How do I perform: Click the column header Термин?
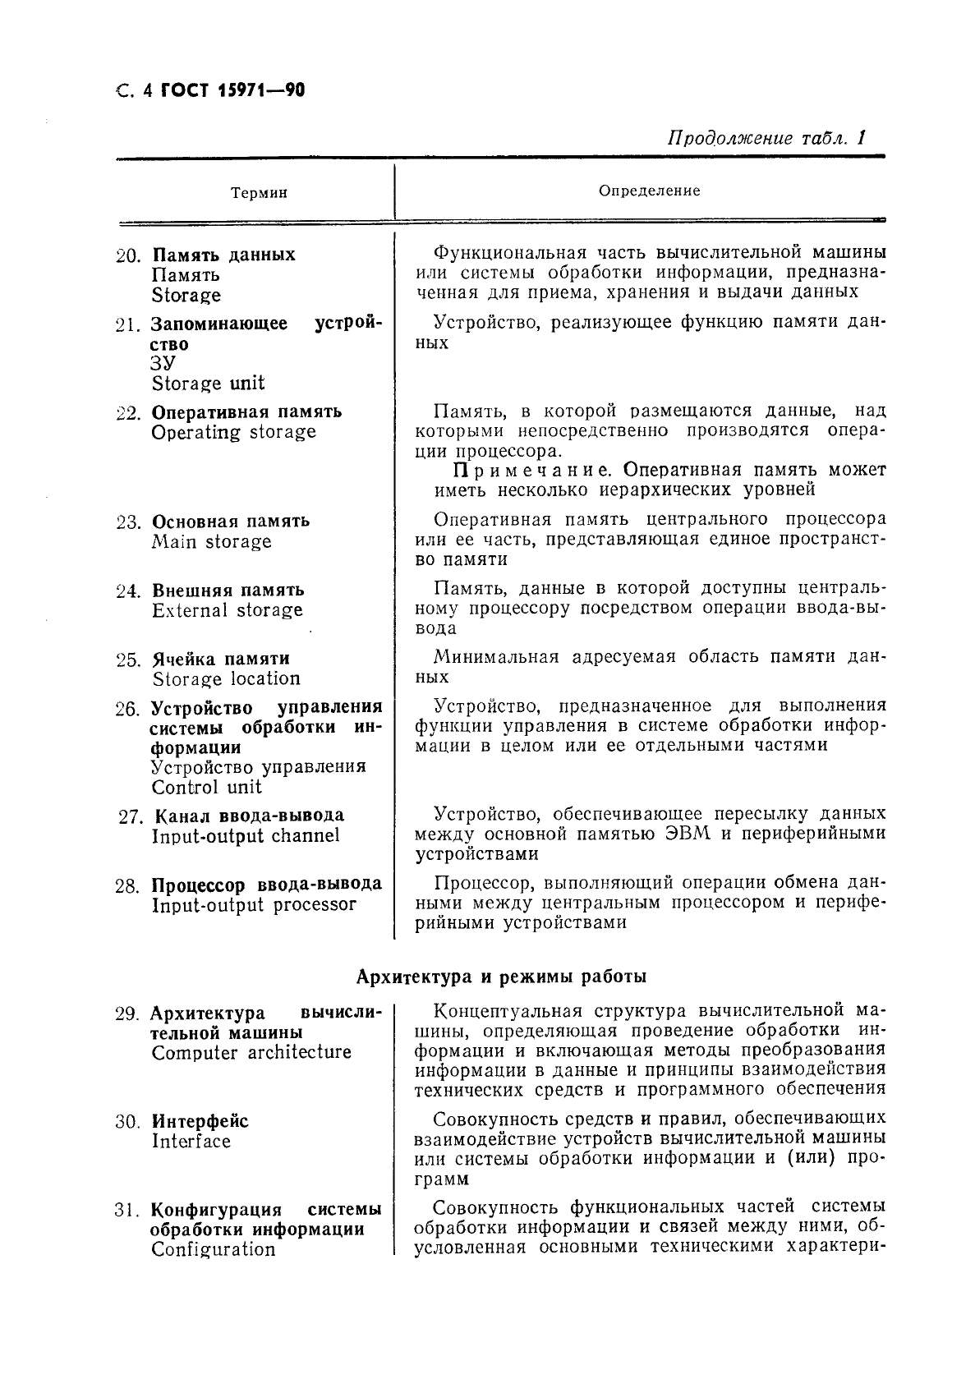(x=259, y=193)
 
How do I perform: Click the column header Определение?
(x=649, y=191)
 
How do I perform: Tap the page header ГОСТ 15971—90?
(x=232, y=91)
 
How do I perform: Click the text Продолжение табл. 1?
(x=767, y=137)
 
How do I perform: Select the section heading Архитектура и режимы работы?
(x=501, y=977)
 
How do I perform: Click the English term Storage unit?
(x=208, y=384)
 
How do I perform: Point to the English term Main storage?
(x=211, y=542)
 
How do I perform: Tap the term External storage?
(x=227, y=610)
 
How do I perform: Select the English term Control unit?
(x=206, y=787)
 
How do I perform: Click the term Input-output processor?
(x=254, y=905)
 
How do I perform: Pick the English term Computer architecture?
(x=251, y=1053)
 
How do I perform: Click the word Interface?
(x=191, y=1142)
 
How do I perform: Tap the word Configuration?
(x=213, y=1250)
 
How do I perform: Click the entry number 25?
(x=129, y=660)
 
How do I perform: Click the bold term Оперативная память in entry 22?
(x=246, y=412)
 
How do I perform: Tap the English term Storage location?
(x=226, y=679)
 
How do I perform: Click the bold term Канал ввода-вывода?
(x=249, y=816)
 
